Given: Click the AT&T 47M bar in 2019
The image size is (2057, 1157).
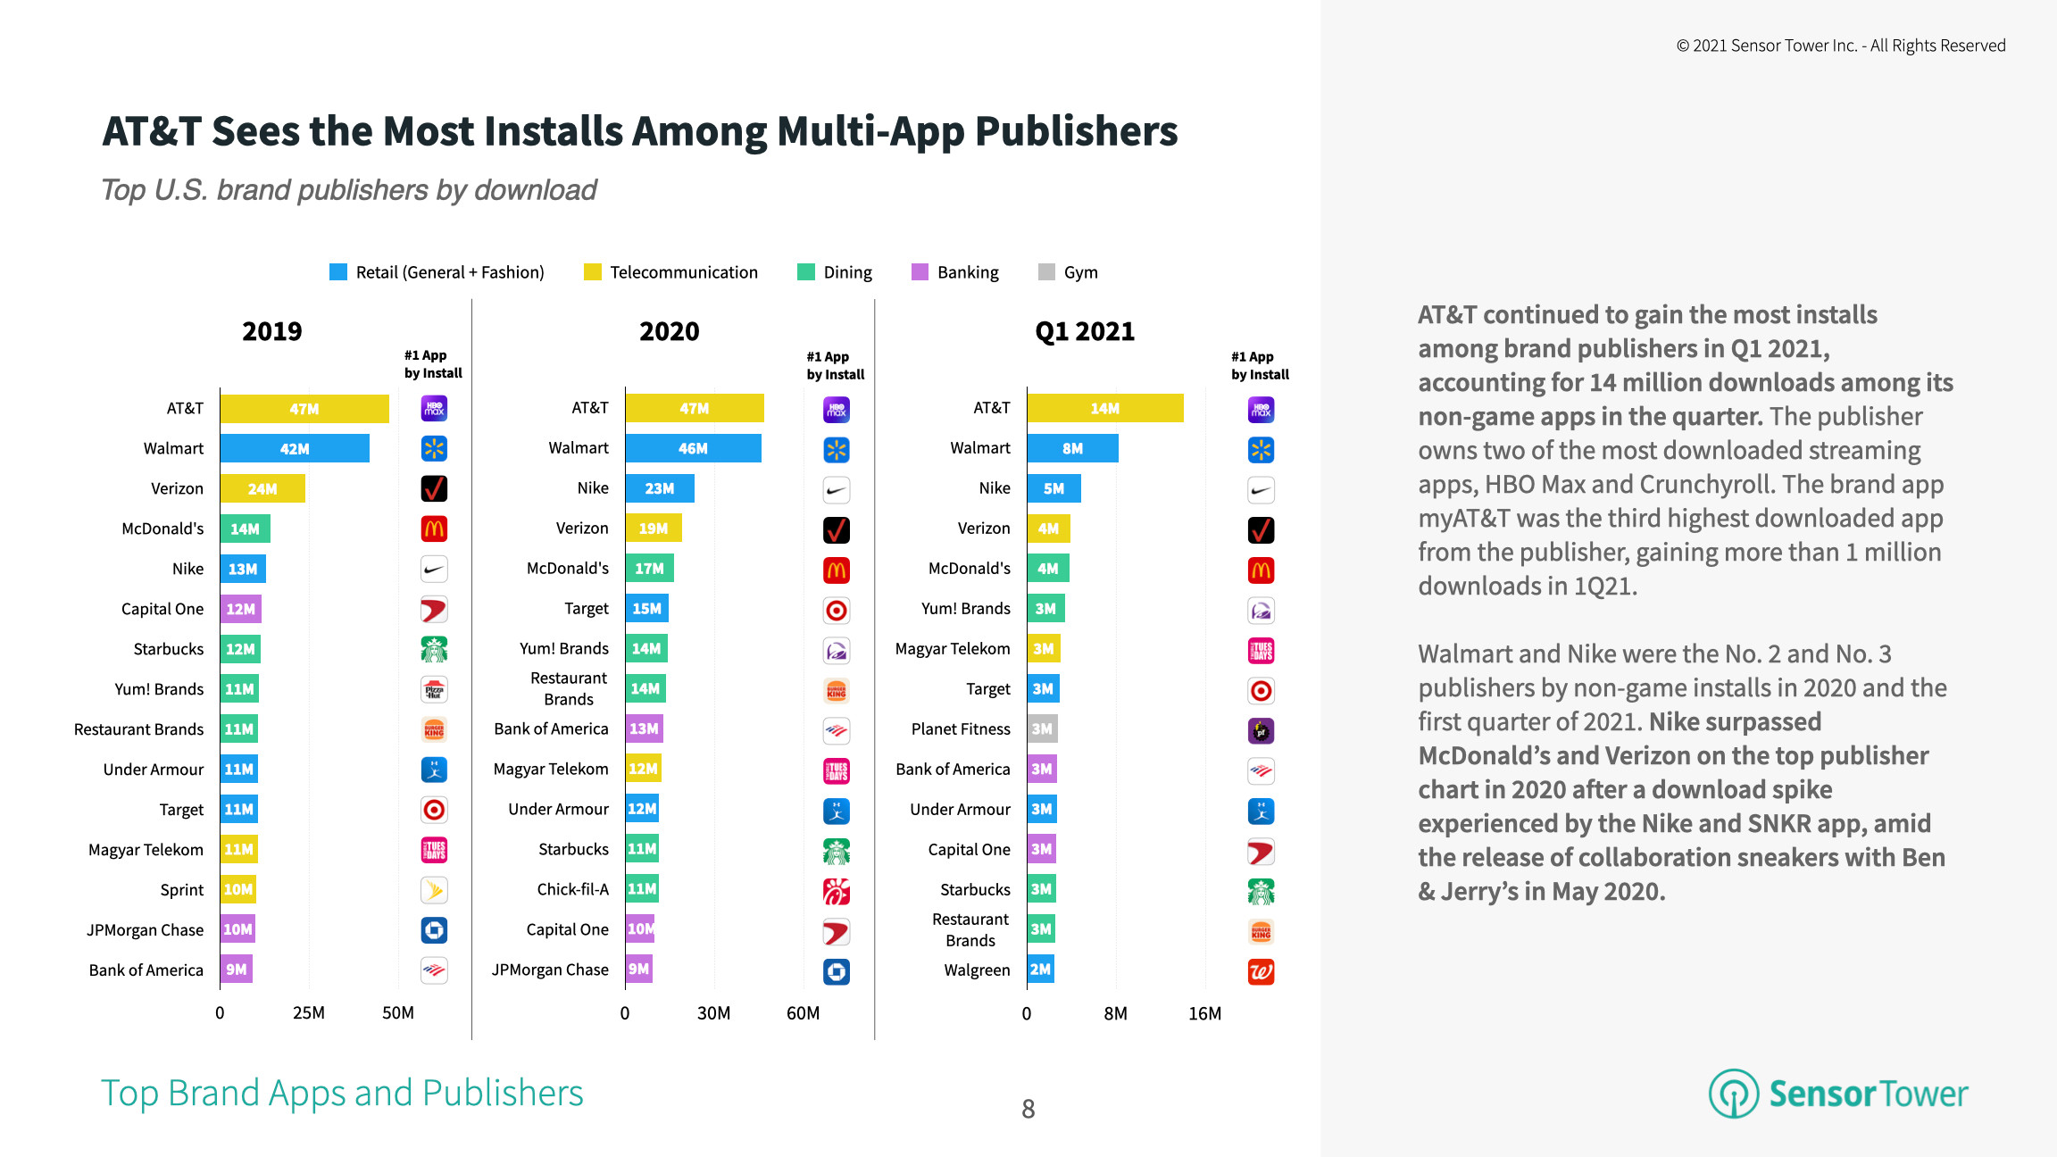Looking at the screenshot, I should click(304, 409).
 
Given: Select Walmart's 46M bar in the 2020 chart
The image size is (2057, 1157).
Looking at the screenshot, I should click(693, 448).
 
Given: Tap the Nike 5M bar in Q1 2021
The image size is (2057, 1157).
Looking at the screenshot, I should click(1053, 488).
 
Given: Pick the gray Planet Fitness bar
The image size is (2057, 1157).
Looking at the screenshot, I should click(1042, 728).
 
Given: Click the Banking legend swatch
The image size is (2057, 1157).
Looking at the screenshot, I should click(920, 272).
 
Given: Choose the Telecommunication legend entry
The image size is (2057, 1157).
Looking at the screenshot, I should click(683, 272).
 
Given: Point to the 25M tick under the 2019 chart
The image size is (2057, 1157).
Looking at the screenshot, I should click(309, 1013).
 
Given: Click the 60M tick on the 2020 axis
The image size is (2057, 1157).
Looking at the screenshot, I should click(803, 1013).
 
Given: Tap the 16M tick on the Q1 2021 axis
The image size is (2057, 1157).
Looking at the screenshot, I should click(1204, 1013).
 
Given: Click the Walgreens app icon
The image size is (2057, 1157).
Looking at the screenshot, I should click(1261, 971).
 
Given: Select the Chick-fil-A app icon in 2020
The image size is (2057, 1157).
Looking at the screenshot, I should click(836, 891).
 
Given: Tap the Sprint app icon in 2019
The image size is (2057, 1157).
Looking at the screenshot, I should click(434, 890).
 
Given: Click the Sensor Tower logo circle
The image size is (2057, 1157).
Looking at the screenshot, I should click(1733, 1094).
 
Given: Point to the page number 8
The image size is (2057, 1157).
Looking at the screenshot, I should click(1028, 1109).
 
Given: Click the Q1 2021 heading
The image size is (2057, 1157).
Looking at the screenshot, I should click(1085, 331).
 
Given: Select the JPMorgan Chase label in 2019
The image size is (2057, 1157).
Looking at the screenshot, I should click(145, 930).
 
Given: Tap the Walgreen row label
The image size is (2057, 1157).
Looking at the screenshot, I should click(977, 970).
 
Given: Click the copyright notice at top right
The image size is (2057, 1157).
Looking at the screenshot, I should click(1840, 46).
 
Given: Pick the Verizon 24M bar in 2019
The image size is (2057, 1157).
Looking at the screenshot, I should click(262, 488).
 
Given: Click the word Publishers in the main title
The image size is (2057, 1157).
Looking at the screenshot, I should click(1076, 131).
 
